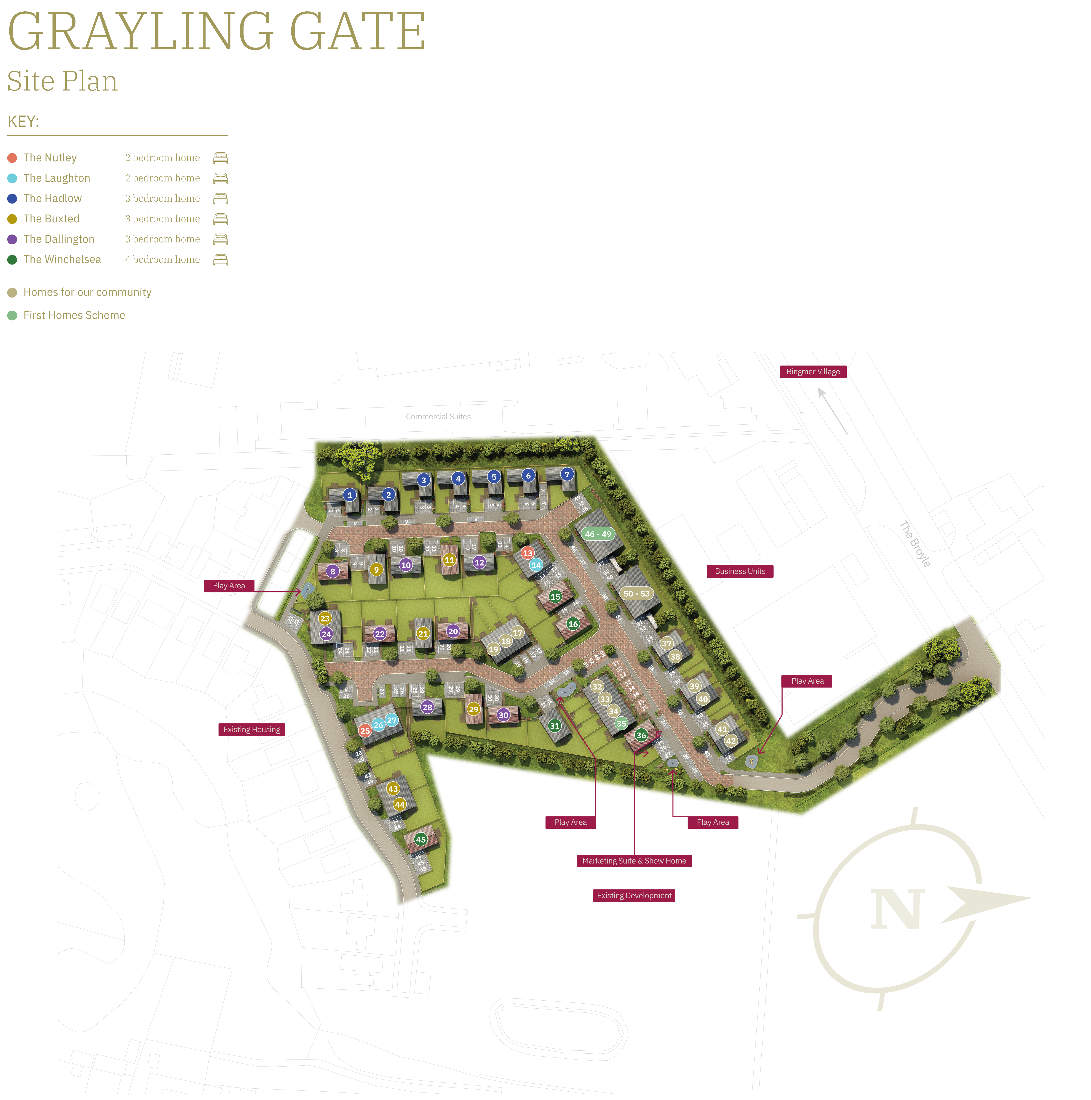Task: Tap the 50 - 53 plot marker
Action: point(636,593)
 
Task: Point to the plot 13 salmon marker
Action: point(528,553)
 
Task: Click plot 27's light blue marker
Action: point(392,720)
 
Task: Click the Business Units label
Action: point(740,571)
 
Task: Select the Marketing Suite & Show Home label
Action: point(634,861)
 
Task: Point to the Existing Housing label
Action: point(252,729)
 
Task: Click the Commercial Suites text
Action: point(438,417)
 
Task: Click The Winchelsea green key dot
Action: point(12,260)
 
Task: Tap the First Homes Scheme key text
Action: point(74,315)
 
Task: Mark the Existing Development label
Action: point(634,896)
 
